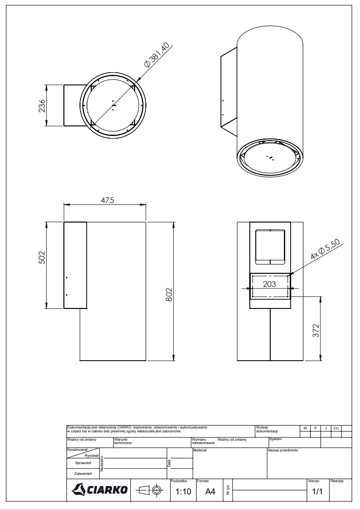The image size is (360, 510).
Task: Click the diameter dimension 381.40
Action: pos(157,55)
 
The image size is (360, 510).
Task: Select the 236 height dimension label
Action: pos(42,106)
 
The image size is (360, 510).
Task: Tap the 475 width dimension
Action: pos(107,200)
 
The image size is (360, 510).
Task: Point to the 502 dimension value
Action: pos(42,258)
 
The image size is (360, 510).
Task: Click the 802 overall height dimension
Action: pos(169,295)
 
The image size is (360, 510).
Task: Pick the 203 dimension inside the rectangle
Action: pos(269,284)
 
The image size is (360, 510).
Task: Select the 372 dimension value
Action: pos(316,330)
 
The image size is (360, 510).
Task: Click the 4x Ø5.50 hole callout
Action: pos(325,249)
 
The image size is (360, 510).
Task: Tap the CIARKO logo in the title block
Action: pos(100,489)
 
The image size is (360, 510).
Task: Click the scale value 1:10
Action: pos(183,491)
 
